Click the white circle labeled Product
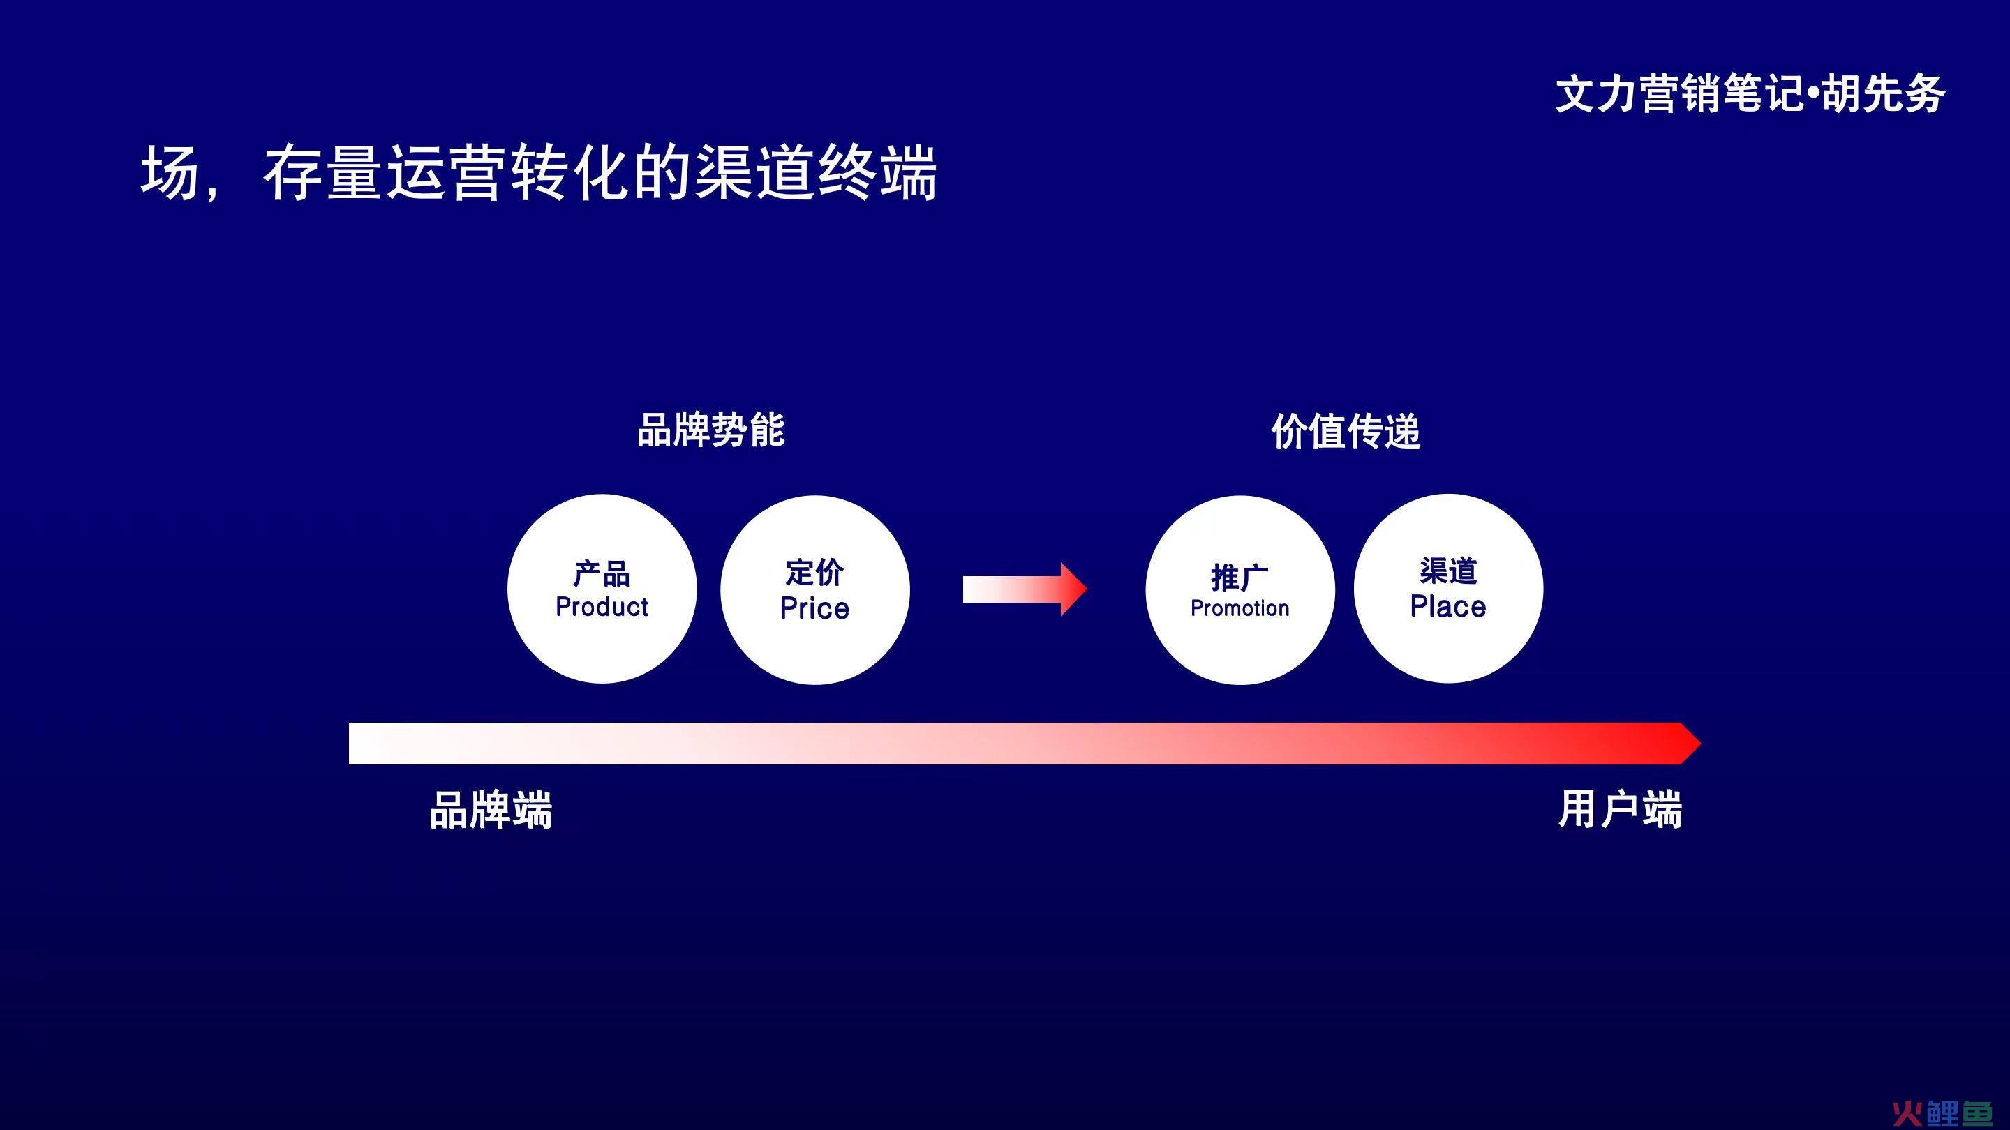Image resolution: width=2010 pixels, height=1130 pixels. coord(602,589)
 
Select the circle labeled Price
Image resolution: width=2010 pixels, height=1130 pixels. coord(814,589)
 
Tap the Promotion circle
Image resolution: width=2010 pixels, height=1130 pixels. coord(1240,589)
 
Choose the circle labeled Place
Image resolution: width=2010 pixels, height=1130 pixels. coord(1448,589)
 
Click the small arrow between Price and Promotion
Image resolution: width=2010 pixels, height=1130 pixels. coord(1025,589)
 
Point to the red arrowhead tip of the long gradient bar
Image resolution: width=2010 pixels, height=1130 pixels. coord(1700,743)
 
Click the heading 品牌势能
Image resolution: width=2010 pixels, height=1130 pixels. coord(711,430)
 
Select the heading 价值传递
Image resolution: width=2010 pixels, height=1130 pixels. coord(1346,431)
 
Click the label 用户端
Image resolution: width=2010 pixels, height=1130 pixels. coord(1620,808)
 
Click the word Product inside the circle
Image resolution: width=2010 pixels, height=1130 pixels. coord(602,607)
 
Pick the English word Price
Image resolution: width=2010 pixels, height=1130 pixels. coord(814,608)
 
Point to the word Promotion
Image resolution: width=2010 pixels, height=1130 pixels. coord(1240,608)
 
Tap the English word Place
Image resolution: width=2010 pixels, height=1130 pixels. coord(1448,607)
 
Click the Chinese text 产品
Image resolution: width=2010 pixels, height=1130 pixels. coord(602,574)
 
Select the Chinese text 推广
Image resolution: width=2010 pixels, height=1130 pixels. coord(1240,578)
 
